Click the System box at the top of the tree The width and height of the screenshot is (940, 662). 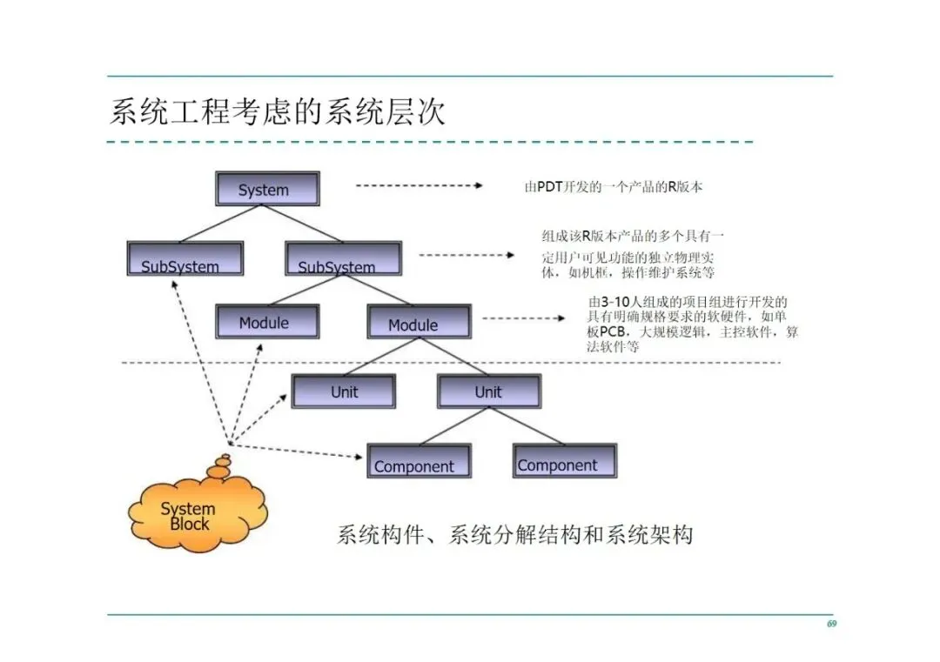tap(266, 189)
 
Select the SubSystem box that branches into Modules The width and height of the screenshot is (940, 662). tap(343, 259)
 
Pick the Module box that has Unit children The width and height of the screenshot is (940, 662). tap(419, 321)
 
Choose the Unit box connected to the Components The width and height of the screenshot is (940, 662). tap(488, 391)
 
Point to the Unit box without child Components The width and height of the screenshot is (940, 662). tap(343, 391)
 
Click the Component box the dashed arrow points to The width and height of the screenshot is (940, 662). tap(419, 461)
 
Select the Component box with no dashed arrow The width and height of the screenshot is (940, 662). tap(564, 461)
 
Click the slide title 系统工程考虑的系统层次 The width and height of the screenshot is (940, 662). tap(277, 111)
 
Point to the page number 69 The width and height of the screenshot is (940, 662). tap(831, 624)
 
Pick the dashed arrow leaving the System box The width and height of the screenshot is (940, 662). tap(419, 185)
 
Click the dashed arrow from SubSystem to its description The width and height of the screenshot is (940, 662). tap(467, 255)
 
